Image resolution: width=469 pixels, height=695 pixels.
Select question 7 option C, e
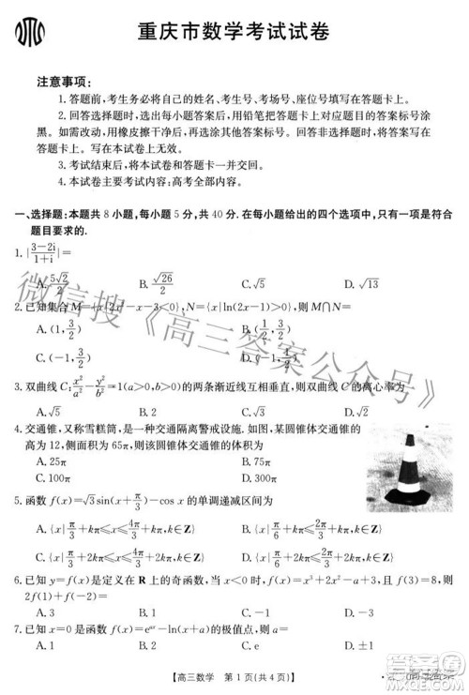point(250,644)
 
